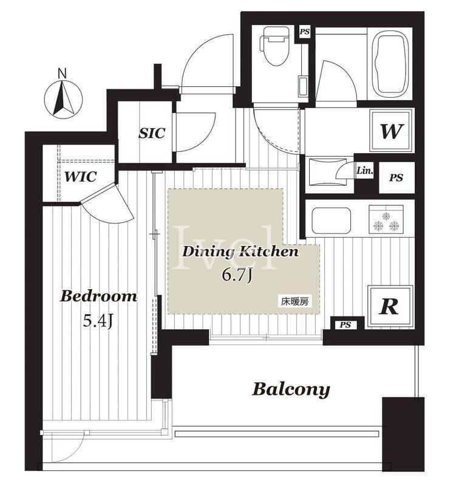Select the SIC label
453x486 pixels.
(152, 133)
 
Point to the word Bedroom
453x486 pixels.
(98, 296)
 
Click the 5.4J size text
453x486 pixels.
(98, 320)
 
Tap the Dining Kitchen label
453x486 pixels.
(240, 252)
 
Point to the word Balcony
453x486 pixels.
(291, 389)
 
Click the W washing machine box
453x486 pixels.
(392, 131)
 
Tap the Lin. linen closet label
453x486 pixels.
(365, 172)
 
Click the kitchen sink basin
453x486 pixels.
(331, 219)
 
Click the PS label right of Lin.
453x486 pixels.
(396, 178)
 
